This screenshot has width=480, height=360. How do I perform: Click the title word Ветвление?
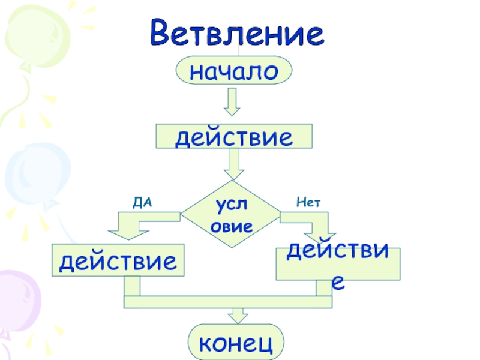click(237, 34)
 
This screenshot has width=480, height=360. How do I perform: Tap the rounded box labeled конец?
click(236, 343)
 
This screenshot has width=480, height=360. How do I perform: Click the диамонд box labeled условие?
click(231, 214)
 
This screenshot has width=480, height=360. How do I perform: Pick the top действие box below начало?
click(234, 137)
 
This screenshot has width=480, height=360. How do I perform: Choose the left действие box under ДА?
click(119, 260)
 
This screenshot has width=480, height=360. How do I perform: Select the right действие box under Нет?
click(337, 264)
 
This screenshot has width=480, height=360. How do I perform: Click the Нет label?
click(308, 203)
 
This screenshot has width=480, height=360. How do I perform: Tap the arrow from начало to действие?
click(232, 103)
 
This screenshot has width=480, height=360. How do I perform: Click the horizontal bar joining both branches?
click(228, 302)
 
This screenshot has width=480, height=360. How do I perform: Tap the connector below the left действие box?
click(131, 286)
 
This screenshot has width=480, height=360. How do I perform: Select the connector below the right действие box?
click(324, 288)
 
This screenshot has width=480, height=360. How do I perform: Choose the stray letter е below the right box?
click(338, 283)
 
